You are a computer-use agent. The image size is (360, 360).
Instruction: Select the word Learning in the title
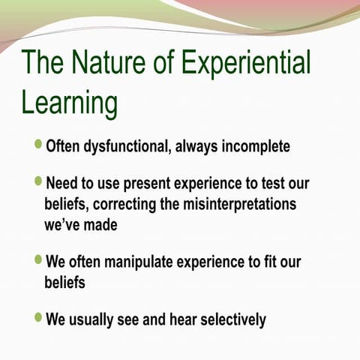coord(69,103)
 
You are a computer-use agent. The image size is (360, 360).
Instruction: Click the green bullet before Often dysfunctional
coord(39,144)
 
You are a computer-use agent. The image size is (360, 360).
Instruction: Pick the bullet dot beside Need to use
coord(39,182)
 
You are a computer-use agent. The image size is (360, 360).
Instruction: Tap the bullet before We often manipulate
coord(39,261)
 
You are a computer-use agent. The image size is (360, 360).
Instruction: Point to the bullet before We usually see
coord(39,317)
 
